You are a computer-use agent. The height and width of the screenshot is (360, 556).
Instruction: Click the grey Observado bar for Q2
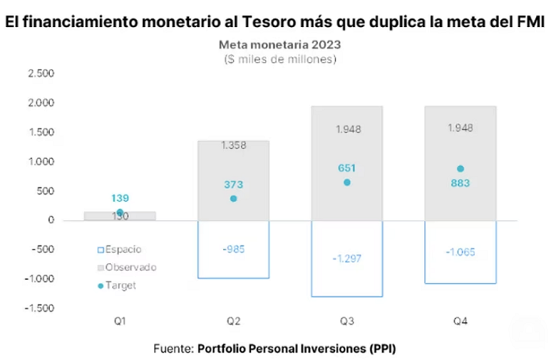(x=234, y=180)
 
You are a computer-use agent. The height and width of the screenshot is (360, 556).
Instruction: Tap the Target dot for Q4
(x=460, y=168)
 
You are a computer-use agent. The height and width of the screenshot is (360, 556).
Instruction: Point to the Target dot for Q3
(x=347, y=182)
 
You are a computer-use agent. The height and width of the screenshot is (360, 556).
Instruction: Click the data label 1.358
(x=234, y=145)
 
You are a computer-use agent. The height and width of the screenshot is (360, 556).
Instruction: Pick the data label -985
(x=234, y=250)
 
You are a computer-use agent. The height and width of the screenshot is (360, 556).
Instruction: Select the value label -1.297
(x=347, y=258)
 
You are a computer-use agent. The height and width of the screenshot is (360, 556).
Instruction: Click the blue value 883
(x=460, y=183)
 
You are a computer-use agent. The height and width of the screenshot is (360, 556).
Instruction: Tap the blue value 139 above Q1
(x=120, y=198)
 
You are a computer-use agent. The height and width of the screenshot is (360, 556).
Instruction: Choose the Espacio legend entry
(x=119, y=250)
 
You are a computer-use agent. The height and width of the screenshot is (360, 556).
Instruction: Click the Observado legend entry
(x=127, y=268)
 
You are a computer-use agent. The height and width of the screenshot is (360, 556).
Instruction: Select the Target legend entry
(x=117, y=285)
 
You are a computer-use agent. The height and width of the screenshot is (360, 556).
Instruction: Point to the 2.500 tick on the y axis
(x=41, y=73)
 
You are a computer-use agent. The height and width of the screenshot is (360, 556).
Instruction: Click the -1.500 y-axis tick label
(x=40, y=308)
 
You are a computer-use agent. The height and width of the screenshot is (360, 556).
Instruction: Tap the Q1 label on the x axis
(x=120, y=321)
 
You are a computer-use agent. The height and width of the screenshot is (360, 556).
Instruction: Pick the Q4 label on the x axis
(x=460, y=321)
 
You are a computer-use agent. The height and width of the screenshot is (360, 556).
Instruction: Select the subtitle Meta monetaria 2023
(x=280, y=45)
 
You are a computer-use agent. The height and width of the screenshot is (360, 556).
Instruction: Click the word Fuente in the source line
(x=173, y=349)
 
